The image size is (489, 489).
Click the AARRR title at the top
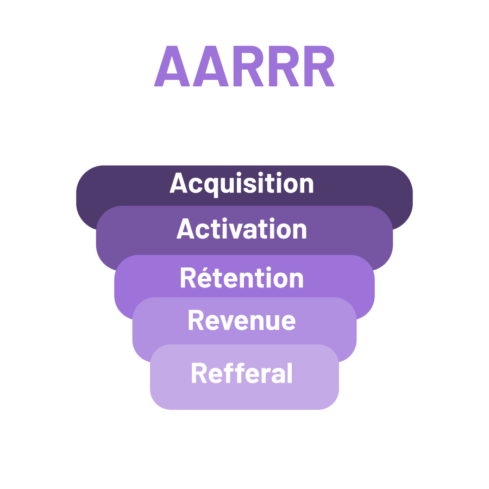(x=244, y=67)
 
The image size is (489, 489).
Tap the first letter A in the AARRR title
(x=172, y=67)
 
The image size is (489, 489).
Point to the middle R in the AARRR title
(x=280, y=67)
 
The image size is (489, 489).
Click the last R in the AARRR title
(x=317, y=67)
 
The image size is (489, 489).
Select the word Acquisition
(x=242, y=184)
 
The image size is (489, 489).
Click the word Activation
(x=242, y=229)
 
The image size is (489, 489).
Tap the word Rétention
(x=242, y=278)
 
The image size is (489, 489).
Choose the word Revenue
(x=242, y=321)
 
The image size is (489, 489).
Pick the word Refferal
(x=242, y=374)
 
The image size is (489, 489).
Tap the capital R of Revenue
(x=196, y=321)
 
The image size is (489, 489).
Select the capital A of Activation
(x=185, y=229)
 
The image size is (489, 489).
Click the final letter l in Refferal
(x=290, y=374)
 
